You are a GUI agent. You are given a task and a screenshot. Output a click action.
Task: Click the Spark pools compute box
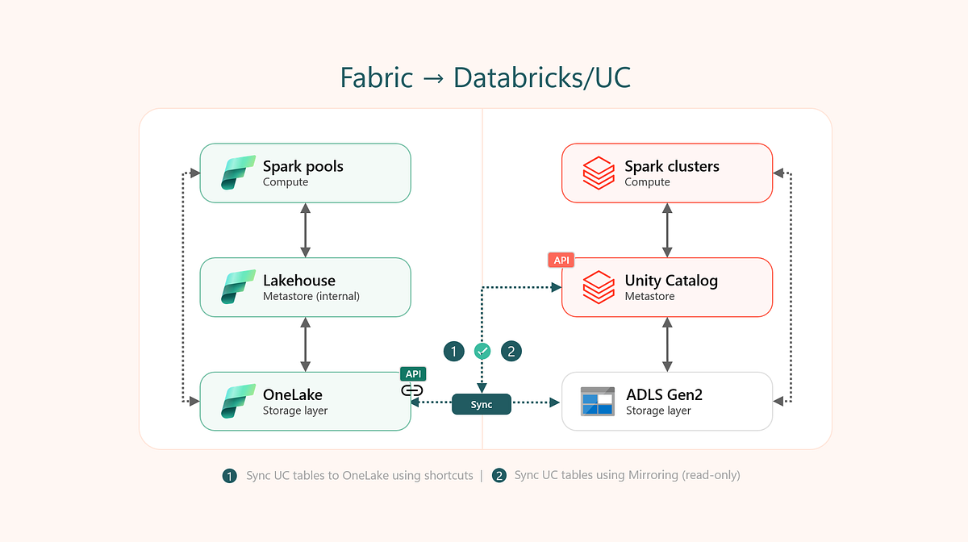[306, 173]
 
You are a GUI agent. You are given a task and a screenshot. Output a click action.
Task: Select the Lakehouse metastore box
[306, 287]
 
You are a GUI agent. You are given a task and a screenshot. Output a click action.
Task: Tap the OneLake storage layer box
[306, 402]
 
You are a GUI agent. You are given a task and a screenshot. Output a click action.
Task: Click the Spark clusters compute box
[667, 173]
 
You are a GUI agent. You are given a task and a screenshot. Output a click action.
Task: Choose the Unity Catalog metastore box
[667, 287]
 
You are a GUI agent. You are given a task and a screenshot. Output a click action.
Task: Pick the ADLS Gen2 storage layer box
[667, 402]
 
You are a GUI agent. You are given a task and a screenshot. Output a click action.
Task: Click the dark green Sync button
[482, 405]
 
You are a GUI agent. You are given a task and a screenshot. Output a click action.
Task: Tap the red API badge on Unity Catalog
[561, 260]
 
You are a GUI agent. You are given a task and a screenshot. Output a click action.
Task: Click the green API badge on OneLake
[412, 374]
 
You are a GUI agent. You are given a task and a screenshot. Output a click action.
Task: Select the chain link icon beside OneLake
[412, 390]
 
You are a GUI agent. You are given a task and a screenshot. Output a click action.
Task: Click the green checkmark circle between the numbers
[482, 351]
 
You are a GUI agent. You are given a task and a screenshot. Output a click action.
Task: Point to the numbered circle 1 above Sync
[454, 351]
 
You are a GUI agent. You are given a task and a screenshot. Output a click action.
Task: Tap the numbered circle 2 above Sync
[511, 351]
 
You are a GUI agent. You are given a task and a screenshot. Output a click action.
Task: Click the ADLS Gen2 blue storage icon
[598, 402]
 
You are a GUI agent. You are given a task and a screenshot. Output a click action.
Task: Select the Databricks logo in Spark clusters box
[599, 173]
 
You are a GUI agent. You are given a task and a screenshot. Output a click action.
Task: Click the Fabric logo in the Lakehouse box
[238, 288]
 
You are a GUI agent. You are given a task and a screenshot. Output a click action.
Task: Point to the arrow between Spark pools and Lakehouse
[305, 230]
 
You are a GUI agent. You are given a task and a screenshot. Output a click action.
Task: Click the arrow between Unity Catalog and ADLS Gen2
[667, 344]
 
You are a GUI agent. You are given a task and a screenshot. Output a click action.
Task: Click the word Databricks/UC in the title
[541, 77]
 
